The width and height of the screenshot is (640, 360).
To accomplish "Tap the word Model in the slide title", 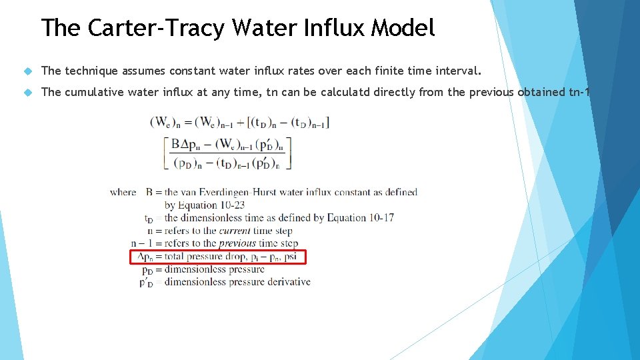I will [403, 28].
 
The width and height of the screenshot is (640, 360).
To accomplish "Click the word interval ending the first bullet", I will [457, 71].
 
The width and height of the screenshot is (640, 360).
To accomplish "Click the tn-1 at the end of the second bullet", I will [579, 92].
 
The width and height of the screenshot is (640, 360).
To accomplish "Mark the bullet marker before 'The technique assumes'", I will [27, 71].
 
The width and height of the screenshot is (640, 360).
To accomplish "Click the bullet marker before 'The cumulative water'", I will [27, 93].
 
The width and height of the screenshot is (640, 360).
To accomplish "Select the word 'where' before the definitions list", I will [123, 193].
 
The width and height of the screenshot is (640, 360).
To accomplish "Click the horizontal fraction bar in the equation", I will [227, 153].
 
